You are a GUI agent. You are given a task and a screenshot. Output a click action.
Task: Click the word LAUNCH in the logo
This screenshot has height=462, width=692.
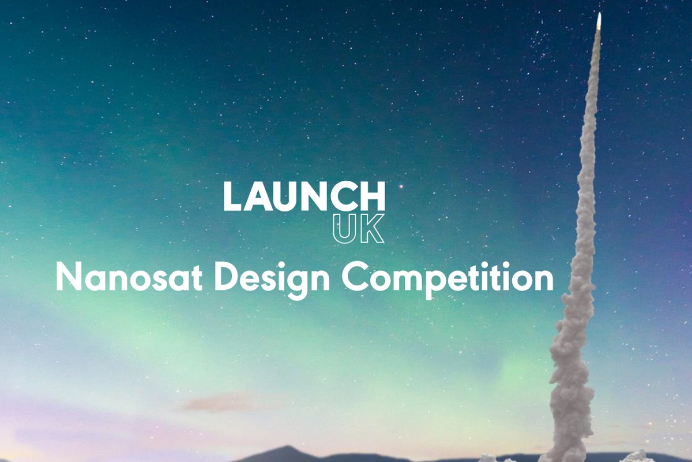click(x=304, y=196)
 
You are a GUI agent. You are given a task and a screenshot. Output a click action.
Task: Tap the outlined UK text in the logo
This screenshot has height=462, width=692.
click(x=358, y=229)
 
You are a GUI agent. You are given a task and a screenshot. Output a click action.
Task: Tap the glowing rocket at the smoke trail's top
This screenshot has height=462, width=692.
click(x=599, y=20)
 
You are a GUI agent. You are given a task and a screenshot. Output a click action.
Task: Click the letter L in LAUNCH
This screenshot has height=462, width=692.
click(x=232, y=196)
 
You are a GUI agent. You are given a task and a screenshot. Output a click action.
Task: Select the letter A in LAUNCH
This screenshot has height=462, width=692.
click(x=262, y=196)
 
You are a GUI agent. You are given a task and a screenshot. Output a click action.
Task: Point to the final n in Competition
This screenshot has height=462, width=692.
click(x=541, y=279)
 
